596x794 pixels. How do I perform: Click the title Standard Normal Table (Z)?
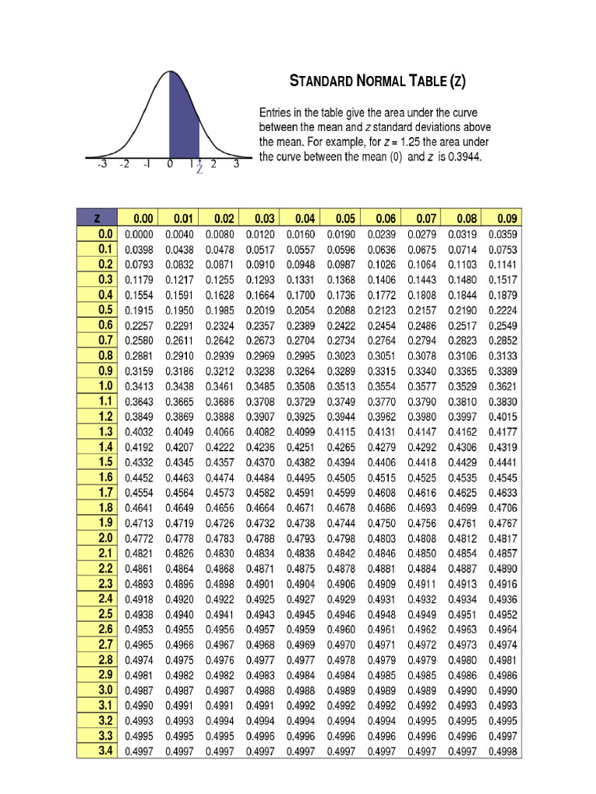click(x=378, y=81)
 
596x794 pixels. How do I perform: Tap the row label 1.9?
click(x=106, y=523)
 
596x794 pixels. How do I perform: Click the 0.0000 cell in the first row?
click(x=139, y=234)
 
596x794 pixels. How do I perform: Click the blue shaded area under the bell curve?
click(x=184, y=124)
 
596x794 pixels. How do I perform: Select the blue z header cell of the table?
click(x=96, y=218)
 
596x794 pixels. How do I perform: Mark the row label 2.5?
click(x=106, y=614)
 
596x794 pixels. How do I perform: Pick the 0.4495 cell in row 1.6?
click(x=300, y=477)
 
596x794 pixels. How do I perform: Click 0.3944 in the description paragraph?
click(x=459, y=157)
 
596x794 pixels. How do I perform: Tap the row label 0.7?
click(x=106, y=340)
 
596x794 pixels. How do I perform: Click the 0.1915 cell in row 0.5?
click(x=139, y=310)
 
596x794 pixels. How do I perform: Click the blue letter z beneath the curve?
click(x=199, y=170)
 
